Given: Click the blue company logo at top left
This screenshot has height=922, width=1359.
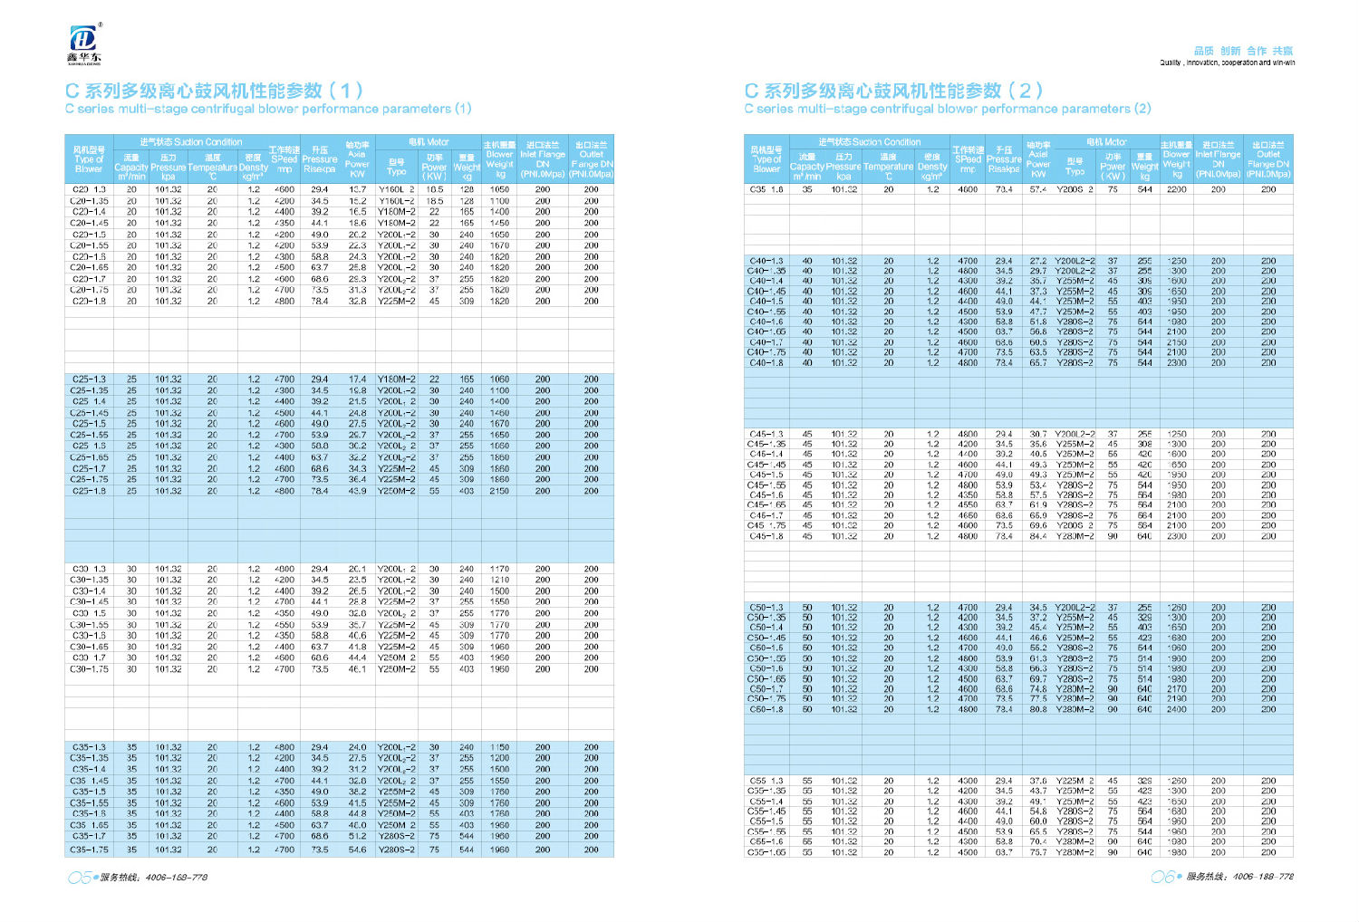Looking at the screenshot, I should click(84, 40).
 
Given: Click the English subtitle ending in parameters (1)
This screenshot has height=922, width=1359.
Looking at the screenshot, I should click(268, 109).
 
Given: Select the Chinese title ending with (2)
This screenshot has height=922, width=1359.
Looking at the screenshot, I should click(893, 91).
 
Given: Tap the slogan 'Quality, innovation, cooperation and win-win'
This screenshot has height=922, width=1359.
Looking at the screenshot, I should click(1227, 62).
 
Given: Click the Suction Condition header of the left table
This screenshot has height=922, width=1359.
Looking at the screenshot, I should click(191, 142).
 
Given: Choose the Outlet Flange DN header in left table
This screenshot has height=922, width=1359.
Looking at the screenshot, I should click(592, 158).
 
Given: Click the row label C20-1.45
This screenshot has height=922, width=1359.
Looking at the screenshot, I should click(89, 223).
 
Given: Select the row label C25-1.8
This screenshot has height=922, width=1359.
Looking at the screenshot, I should click(89, 491).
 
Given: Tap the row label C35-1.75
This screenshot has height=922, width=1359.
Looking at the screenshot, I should click(89, 850).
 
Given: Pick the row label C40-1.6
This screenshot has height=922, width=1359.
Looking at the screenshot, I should click(766, 322).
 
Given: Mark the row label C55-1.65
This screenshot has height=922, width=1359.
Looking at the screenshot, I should click(766, 852).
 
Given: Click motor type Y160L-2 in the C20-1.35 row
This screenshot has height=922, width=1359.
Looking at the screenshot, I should click(397, 201).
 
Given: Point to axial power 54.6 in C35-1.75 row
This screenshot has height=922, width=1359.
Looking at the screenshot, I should click(358, 850).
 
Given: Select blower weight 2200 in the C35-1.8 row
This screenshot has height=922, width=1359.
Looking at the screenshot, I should click(1176, 189).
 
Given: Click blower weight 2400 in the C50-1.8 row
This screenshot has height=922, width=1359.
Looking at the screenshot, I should click(1176, 709).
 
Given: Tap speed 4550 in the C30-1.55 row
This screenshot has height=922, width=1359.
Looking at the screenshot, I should click(284, 625).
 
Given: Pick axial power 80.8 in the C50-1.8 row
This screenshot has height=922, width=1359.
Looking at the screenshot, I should click(1038, 709).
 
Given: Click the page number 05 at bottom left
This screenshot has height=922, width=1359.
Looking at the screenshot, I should click(79, 877).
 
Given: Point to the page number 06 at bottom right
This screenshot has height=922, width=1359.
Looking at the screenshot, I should click(1162, 877).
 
